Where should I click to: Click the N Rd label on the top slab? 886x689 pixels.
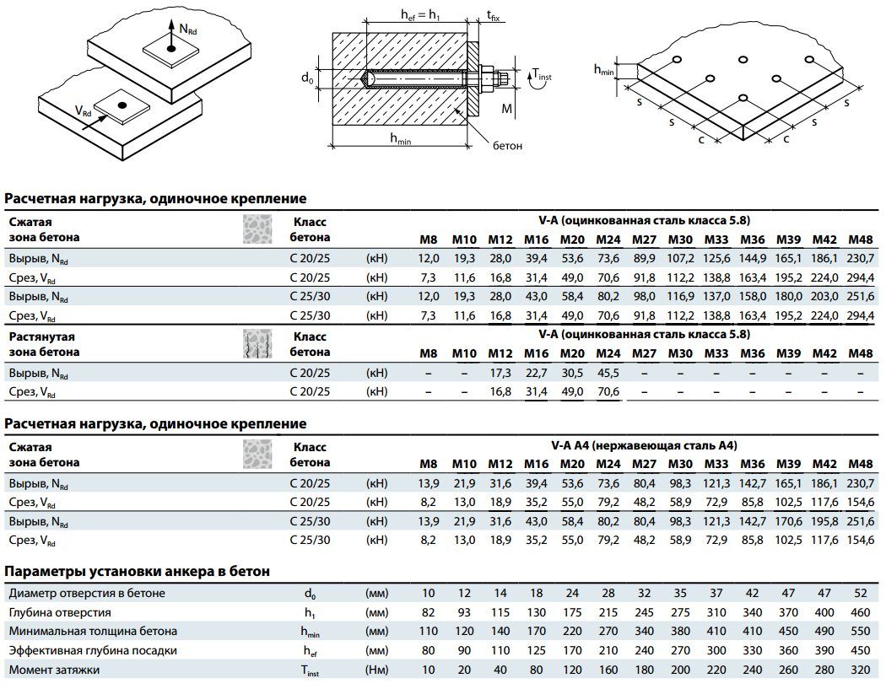pos(187,29)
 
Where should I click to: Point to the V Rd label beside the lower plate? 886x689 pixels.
pos(83,111)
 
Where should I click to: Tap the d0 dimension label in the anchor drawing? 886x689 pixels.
pos(307,78)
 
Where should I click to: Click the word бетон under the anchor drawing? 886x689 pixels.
pos(508,146)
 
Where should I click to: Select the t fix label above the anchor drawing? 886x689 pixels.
pos(493,15)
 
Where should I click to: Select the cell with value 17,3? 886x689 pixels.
pos(500,372)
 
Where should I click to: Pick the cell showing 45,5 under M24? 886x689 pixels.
pos(608,372)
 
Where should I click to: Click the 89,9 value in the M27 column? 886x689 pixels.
pos(644,257)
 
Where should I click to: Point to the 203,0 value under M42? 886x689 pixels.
pos(824,297)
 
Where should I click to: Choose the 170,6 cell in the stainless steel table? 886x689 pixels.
pos(787,522)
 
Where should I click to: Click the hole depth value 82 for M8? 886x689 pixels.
pos(429,612)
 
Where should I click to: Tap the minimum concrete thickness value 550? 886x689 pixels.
pos(860,632)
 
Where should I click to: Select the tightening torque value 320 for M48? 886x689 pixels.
pos(860,670)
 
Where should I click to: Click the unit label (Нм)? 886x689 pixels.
pos(376,670)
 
